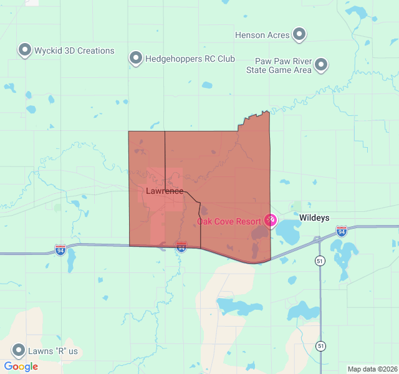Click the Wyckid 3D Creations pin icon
pyautogui.click(x=25, y=50)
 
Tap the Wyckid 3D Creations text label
pyautogui.click(x=74, y=50)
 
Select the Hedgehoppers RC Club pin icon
pyautogui.click(x=136, y=59)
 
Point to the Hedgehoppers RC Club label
pyautogui.click(x=190, y=59)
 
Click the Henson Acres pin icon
pyautogui.click(x=299, y=34)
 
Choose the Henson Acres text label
pyautogui.click(x=262, y=36)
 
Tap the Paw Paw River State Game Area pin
pyautogui.click(x=321, y=64)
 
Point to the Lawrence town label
pyautogui.click(x=165, y=191)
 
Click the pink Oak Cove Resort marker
pyautogui.click(x=271, y=220)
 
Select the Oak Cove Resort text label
pyautogui.click(x=229, y=221)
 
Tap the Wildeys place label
pyautogui.click(x=314, y=218)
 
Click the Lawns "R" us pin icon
pyautogui.click(x=19, y=350)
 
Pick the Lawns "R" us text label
pyautogui.click(x=53, y=351)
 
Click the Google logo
pyautogui.click(x=21, y=367)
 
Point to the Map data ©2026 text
pyautogui.click(x=372, y=369)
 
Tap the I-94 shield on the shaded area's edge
pyautogui.click(x=181, y=247)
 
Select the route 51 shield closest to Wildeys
pyautogui.click(x=320, y=260)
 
